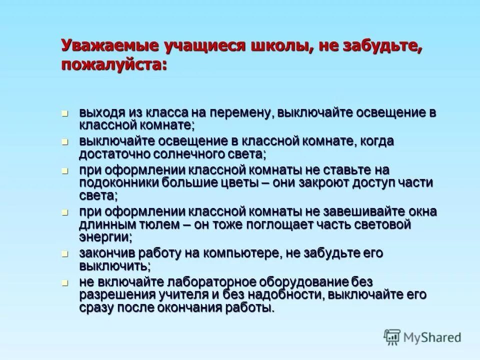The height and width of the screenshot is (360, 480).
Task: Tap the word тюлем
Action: [158, 224]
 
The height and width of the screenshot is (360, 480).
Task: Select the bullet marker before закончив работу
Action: [64, 254]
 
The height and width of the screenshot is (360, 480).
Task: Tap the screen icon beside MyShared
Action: [392, 337]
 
